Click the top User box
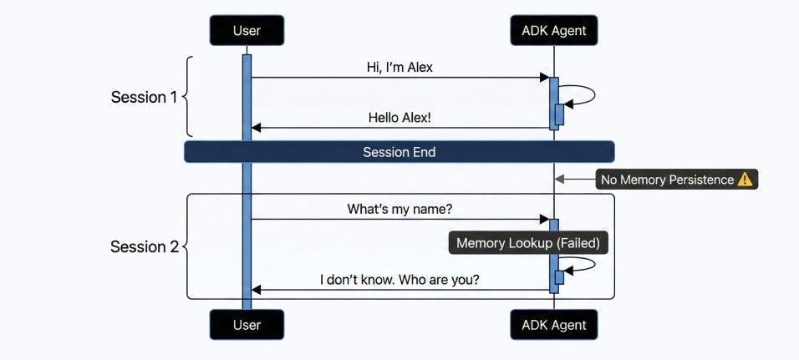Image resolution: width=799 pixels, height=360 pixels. pyautogui.click(x=247, y=31)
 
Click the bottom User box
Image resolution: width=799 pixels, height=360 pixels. pyautogui.click(x=247, y=325)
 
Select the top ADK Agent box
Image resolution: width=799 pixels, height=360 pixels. pyautogui.click(x=554, y=31)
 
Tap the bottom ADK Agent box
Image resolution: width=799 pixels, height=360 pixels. pyautogui.click(x=554, y=325)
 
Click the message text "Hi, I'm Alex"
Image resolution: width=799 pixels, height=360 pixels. pyautogui.click(x=399, y=67)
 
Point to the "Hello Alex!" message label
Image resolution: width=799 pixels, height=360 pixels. pyautogui.click(x=399, y=117)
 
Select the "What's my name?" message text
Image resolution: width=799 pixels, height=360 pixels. pyautogui.click(x=399, y=209)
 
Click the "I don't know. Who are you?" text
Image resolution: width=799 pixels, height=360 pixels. pyautogui.click(x=399, y=280)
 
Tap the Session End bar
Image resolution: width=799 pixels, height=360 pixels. pyautogui.click(x=399, y=152)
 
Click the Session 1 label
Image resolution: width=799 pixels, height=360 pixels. pyautogui.click(x=144, y=97)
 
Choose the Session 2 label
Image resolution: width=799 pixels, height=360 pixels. pyautogui.click(x=144, y=246)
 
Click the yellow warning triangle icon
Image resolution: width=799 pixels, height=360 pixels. pyautogui.click(x=746, y=180)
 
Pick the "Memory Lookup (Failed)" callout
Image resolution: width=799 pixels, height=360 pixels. pyautogui.click(x=528, y=243)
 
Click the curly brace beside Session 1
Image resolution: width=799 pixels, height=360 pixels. pyautogui.click(x=188, y=97)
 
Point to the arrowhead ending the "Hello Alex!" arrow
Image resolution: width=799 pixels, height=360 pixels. pyautogui.click(x=257, y=128)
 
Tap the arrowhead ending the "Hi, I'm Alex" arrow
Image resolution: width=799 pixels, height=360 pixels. pyautogui.click(x=543, y=78)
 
